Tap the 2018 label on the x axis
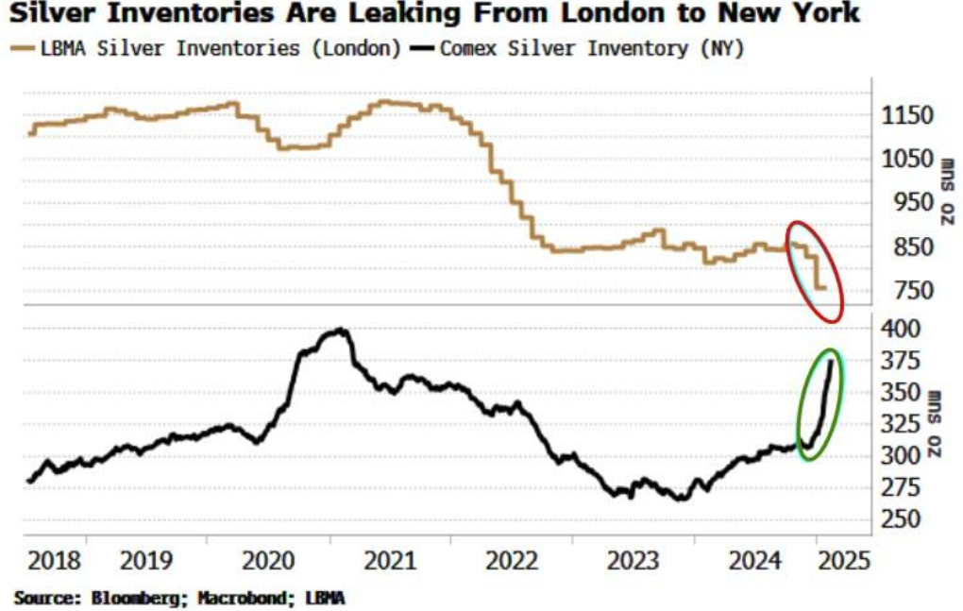pyautogui.click(x=56, y=560)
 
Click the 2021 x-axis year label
pyautogui.click(x=389, y=560)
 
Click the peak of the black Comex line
pyautogui.click(x=340, y=330)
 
